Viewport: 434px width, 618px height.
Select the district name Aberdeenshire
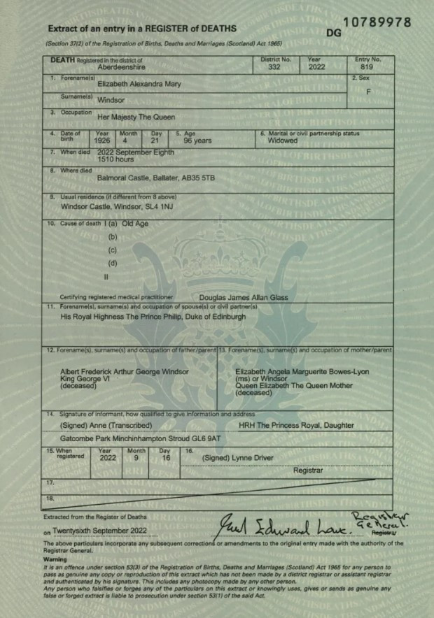click(x=121, y=68)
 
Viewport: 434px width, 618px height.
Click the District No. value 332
click(x=274, y=68)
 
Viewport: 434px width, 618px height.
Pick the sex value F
click(x=368, y=92)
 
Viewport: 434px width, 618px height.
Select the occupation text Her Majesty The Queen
click(x=136, y=117)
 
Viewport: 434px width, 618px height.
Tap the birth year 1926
click(x=102, y=141)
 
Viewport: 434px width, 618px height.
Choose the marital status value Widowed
click(x=282, y=141)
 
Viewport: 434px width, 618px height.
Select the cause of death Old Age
click(x=135, y=224)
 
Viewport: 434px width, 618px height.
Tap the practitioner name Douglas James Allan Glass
click(x=244, y=297)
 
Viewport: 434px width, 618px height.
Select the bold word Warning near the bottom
click(x=55, y=559)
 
